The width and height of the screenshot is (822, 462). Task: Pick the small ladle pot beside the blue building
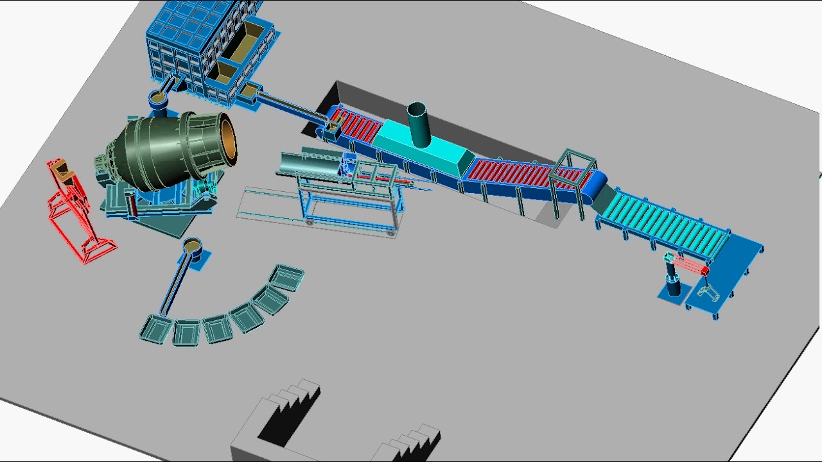[158, 100]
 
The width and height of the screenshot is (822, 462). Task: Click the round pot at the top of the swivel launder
[192, 246]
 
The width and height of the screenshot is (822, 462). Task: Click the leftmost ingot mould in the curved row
[156, 328]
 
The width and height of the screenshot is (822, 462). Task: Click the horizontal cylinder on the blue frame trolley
[308, 164]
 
